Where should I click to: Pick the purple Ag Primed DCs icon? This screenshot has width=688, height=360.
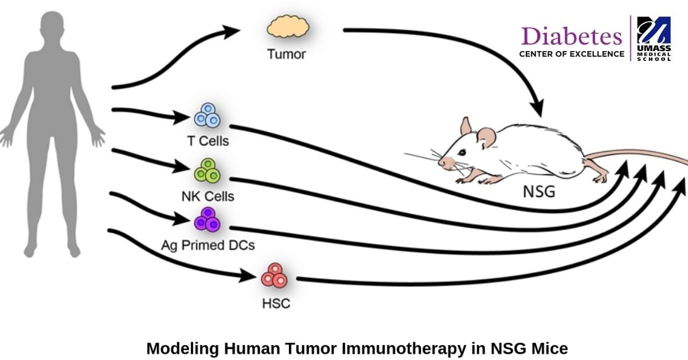(x=207, y=219)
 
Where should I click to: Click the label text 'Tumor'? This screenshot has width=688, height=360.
(x=287, y=55)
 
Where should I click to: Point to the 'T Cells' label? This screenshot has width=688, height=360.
(x=208, y=140)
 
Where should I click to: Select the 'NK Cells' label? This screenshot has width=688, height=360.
(x=208, y=196)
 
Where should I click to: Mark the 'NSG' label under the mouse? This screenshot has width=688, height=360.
(x=539, y=191)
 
